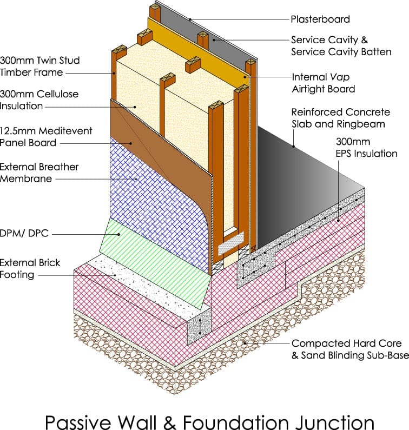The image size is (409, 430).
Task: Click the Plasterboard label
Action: point(320,19)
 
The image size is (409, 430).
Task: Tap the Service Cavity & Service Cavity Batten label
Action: point(341,46)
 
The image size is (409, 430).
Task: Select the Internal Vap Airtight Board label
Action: point(324,83)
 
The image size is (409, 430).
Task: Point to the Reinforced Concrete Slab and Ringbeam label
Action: point(340,118)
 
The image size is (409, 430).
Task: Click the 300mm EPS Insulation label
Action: point(367,148)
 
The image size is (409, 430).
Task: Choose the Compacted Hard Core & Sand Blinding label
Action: point(346,349)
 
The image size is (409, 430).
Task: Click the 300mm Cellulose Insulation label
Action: point(39,100)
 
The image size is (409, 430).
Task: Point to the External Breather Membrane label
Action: point(39,173)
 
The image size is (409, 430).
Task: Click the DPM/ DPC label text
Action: point(24,234)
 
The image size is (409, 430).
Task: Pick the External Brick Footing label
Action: point(30,269)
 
